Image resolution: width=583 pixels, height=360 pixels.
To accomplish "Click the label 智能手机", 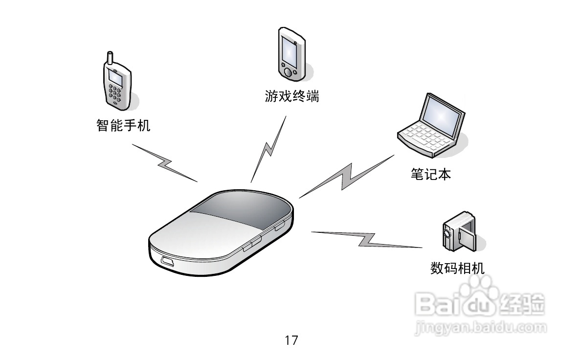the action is (123, 126).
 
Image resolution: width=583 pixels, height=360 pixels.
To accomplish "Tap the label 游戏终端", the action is (291, 96).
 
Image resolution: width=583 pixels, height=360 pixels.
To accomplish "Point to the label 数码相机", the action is (457, 268).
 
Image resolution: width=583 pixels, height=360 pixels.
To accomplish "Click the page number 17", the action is (291, 340).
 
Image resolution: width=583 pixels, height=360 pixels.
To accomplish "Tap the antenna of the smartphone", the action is (110, 57).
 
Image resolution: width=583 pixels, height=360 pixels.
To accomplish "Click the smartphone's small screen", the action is (115, 77).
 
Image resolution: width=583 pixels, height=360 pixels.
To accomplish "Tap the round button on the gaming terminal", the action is (288, 72).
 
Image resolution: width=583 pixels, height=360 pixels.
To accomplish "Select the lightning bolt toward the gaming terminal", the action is (268, 149).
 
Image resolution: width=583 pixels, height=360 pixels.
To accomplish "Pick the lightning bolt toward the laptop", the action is (347, 176).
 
